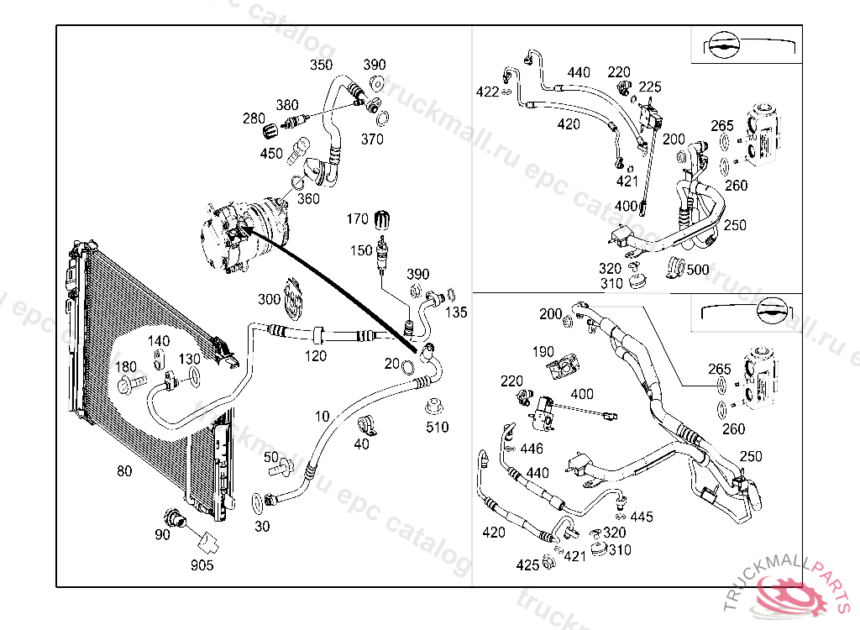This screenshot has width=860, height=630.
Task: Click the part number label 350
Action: tap(321, 65)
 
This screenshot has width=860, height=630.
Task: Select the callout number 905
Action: tap(202, 565)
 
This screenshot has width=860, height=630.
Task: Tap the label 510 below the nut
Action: tap(438, 428)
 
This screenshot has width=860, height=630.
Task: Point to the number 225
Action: tap(650, 87)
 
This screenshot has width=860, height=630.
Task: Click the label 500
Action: tap(698, 270)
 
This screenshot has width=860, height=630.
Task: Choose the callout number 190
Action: tap(543, 352)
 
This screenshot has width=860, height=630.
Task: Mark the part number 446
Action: tap(532, 449)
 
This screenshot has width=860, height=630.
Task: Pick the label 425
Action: tap(527, 565)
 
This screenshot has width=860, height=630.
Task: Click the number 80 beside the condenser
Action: tap(124, 471)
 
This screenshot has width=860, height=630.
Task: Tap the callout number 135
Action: tap(456, 313)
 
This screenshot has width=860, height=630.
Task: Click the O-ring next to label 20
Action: tap(407, 367)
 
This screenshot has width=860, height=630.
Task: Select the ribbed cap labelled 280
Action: tap(270, 132)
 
